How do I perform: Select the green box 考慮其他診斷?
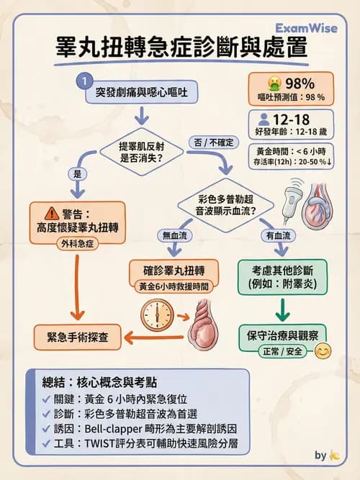[x=282, y=274]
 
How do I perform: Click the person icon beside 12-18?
[x=264, y=117]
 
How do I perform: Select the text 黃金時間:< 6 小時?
[x=291, y=152]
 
